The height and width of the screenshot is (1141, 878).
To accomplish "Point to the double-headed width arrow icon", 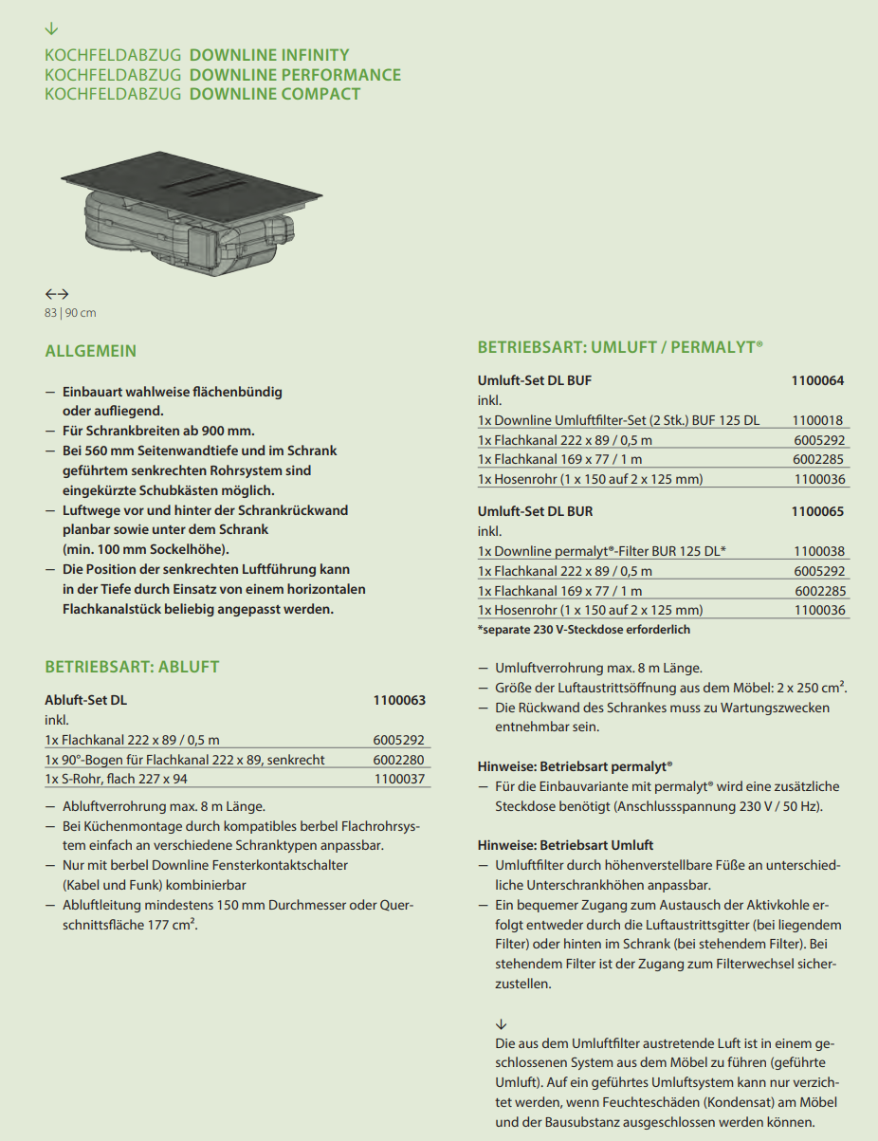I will (x=57, y=294).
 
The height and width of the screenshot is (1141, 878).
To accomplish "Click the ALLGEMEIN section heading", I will (x=91, y=351).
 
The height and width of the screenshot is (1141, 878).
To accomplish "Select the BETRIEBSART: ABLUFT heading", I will (x=132, y=667).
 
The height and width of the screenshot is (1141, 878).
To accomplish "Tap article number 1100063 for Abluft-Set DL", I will (x=399, y=701).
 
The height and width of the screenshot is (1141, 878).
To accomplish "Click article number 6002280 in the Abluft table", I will (x=399, y=760).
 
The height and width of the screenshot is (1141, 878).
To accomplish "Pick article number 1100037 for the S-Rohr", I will (x=399, y=779).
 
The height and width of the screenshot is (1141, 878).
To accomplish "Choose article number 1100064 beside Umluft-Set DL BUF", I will (x=817, y=381).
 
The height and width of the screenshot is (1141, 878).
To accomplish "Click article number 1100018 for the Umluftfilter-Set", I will (x=818, y=420).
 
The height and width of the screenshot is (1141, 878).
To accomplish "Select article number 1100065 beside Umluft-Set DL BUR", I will (x=817, y=512).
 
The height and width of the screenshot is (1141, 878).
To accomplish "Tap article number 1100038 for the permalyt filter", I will (x=818, y=551).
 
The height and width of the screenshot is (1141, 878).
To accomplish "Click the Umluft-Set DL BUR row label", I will (x=535, y=512).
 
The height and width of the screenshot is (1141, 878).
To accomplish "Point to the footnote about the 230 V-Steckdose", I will (x=584, y=630).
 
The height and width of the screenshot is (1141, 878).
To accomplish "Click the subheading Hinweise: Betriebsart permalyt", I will (x=575, y=765).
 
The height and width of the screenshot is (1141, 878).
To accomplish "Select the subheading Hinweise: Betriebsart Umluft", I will (x=565, y=845).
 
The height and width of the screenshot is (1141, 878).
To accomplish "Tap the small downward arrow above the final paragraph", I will (x=502, y=1024).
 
